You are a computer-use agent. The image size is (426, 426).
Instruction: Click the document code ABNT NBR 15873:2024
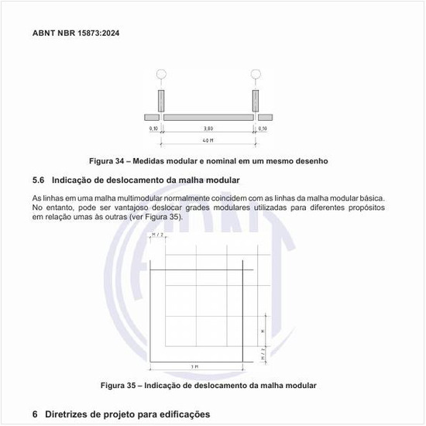[76, 33]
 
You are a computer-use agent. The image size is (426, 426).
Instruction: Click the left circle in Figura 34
[161, 75]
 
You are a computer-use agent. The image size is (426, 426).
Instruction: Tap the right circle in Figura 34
[256, 75]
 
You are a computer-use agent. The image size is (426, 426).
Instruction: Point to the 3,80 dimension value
[208, 129]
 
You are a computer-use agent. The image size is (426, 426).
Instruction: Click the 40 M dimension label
[208, 140]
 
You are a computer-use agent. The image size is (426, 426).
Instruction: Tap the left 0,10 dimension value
[153, 129]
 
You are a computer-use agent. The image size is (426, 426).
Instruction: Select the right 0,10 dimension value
[263, 129]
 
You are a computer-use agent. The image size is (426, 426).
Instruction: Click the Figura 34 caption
[208, 161]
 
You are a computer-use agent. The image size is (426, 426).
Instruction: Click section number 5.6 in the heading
[40, 180]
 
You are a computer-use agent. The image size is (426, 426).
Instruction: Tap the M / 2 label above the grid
[158, 235]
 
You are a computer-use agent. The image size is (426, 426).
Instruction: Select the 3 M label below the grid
[196, 366]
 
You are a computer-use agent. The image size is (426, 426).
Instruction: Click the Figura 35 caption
[208, 385]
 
